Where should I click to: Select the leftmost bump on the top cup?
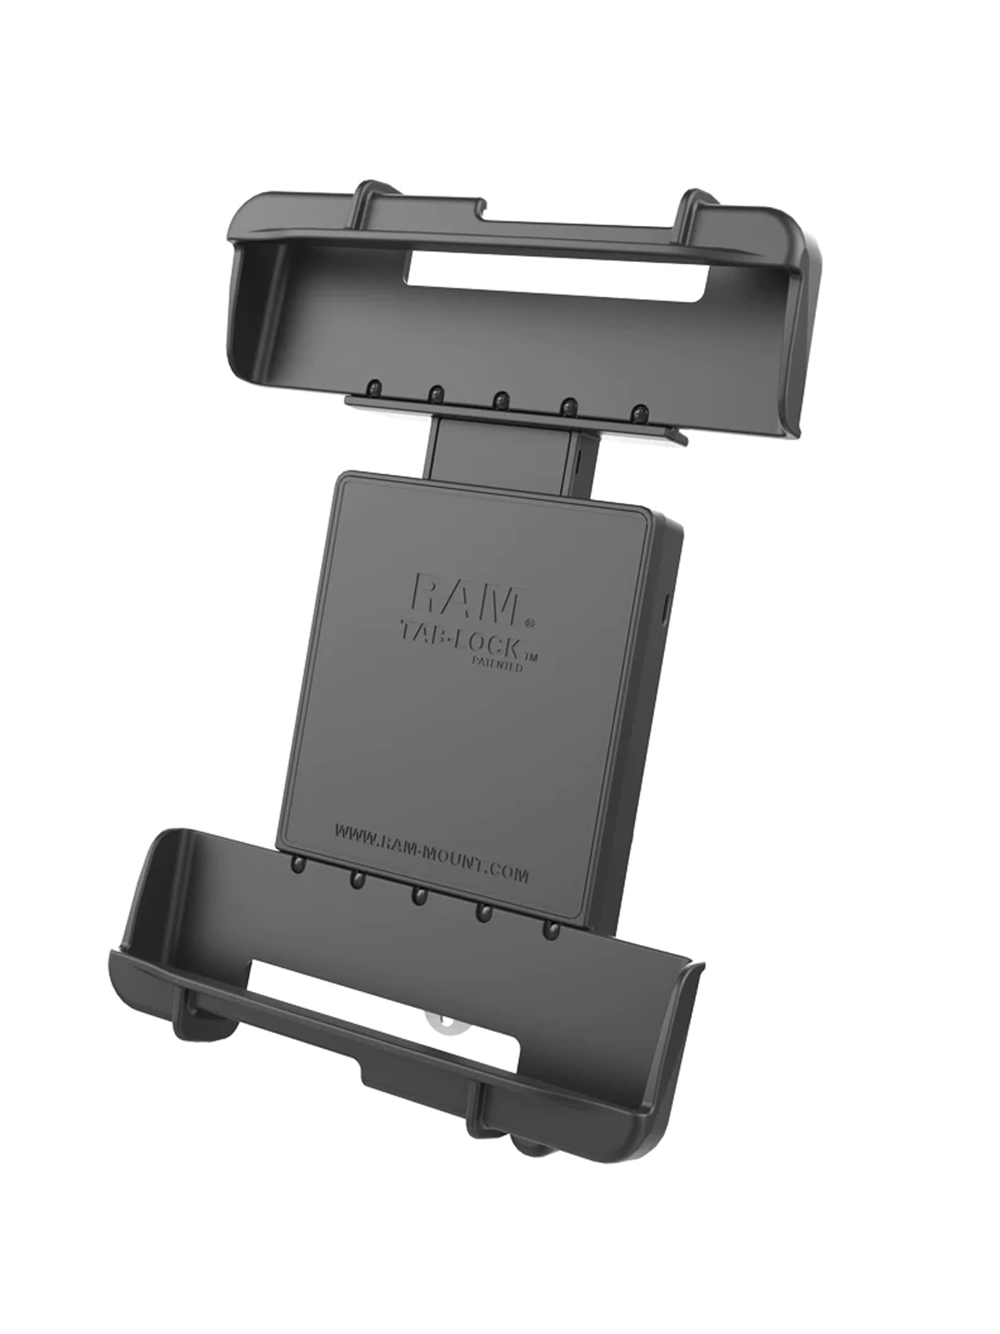375,387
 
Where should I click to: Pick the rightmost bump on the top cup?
637,413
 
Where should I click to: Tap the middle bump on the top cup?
501,399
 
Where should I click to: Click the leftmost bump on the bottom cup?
297,865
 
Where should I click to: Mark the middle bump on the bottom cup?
417,895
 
